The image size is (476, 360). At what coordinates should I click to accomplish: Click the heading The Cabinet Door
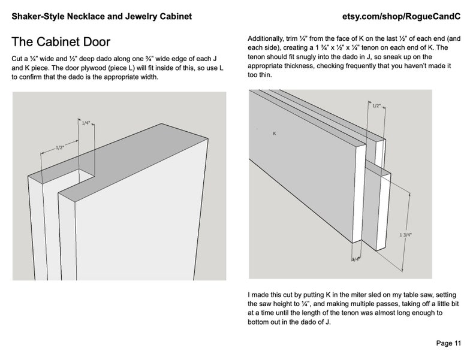click(x=61, y=42)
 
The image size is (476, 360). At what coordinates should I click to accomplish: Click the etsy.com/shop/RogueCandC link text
click(x=401, y=16)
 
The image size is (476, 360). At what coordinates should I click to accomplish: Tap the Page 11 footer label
click(x=448, y=343)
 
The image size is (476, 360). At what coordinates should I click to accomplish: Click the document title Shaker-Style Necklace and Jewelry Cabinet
click(x=102, y=16)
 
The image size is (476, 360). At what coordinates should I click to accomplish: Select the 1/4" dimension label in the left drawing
click(x=86, y=123)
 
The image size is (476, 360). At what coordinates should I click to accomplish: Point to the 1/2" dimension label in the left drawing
click(x=60, y=148)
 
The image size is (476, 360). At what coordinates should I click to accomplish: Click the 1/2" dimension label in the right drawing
click(x=376, y=106)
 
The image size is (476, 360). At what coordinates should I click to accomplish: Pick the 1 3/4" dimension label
click(x=406, y=235)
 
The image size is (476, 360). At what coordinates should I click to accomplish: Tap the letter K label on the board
click(x=275, y=134)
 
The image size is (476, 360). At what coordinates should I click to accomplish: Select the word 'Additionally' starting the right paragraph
click(x=266, y=39)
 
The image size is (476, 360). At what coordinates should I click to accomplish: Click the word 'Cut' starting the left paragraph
click(x=17, y=59)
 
